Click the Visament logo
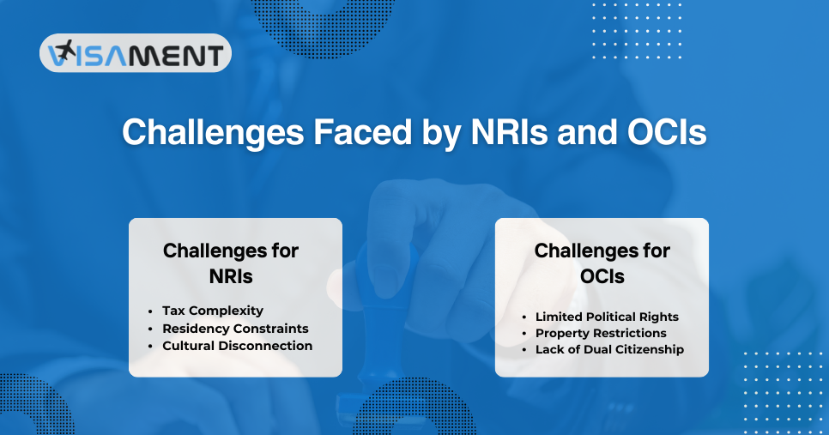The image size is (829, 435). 136,53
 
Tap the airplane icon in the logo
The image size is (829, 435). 62,53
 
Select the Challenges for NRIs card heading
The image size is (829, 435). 231,264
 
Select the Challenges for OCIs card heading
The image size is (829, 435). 602,264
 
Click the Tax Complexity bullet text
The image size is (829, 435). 213,311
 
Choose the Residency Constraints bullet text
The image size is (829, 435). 235,329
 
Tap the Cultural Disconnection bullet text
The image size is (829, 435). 237,346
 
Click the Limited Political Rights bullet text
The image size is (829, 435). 607,317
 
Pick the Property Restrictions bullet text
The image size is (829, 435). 601,333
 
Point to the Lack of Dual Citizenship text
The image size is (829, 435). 609,349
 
